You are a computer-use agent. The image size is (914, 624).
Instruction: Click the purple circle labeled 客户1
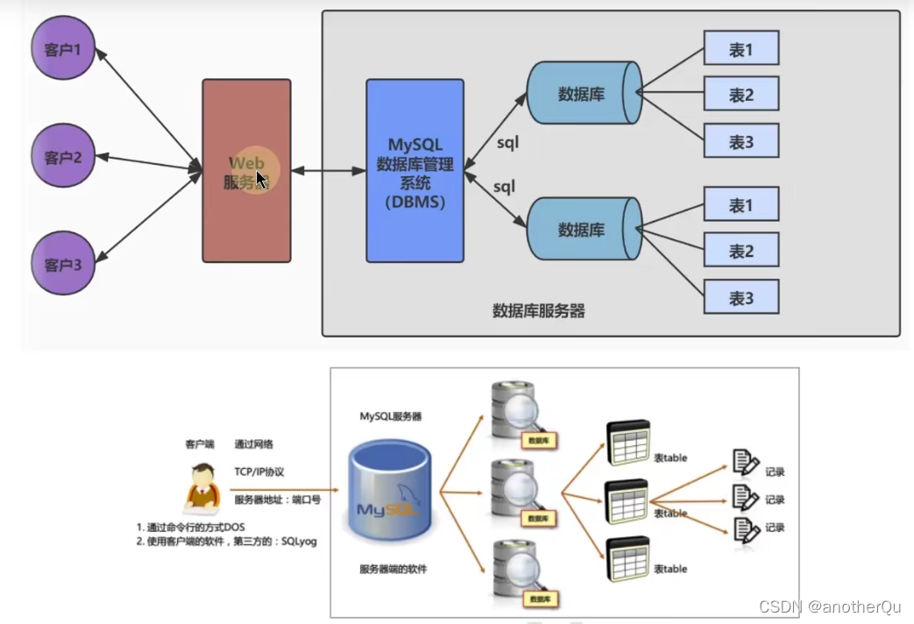[62, 49]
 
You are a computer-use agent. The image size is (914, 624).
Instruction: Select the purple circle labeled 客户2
[62, 158]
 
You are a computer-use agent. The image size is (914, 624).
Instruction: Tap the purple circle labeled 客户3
[62, 264]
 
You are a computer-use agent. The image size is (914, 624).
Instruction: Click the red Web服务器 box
[246, 171]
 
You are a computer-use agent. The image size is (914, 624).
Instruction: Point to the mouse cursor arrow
[260, 181]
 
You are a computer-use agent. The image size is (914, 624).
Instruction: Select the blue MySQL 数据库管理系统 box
[414, 171]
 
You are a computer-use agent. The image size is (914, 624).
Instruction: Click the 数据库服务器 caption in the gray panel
[538, 311]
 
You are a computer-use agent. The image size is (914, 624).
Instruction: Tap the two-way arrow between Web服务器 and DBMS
[329, 172]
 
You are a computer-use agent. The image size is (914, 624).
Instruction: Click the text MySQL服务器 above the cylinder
[390, 416]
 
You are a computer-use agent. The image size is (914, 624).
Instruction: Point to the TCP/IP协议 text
[259, 472]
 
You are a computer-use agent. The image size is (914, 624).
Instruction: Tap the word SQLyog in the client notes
[298, 542]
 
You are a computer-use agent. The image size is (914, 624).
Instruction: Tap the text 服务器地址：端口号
[277, 500]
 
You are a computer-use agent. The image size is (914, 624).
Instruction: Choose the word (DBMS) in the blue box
[414, 202]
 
